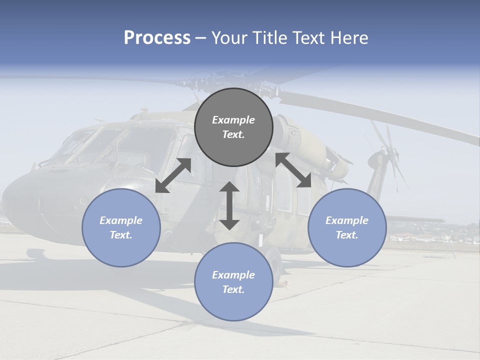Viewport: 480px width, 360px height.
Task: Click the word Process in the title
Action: coord(157,37)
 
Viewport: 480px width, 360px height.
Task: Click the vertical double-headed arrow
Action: coord(229,205)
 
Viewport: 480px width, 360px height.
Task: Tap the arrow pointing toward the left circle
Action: coord(173,175)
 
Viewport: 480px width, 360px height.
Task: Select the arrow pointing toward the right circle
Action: coord(293,170)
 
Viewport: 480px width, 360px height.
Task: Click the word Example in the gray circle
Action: coord(233,120)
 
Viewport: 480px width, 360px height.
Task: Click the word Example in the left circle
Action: coord(121,220)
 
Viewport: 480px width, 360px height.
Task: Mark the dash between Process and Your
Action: coord(201,38)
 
